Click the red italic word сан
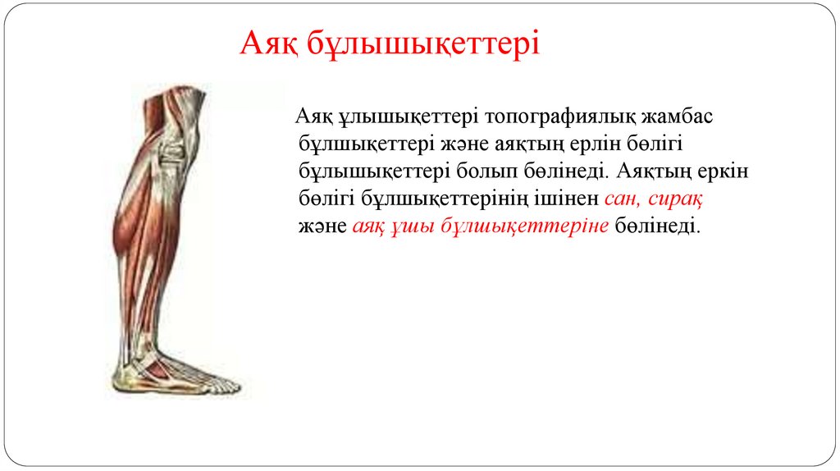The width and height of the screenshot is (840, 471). (x=621, y=199)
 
